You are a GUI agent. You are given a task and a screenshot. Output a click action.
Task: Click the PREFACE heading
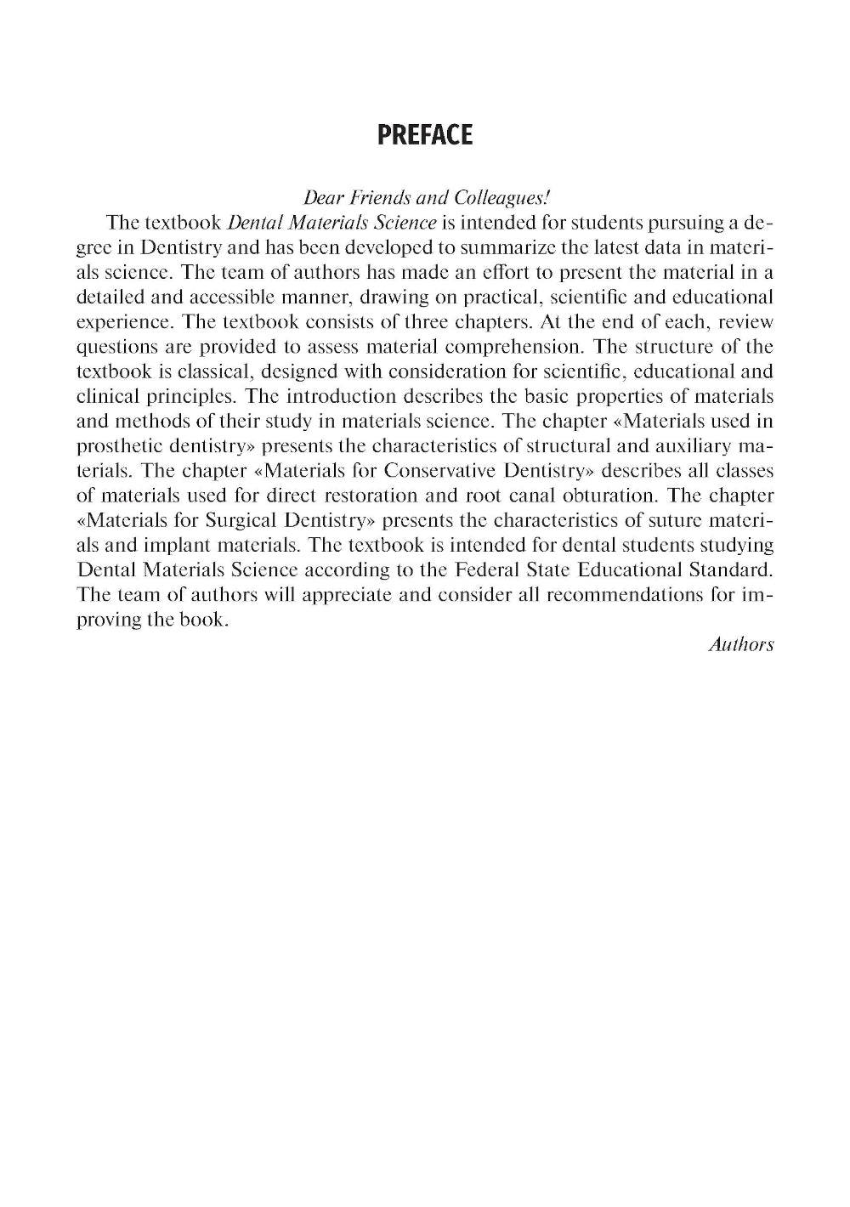click(x=424, y=135)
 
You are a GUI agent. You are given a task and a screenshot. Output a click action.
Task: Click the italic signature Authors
click(x=740, y=644)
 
